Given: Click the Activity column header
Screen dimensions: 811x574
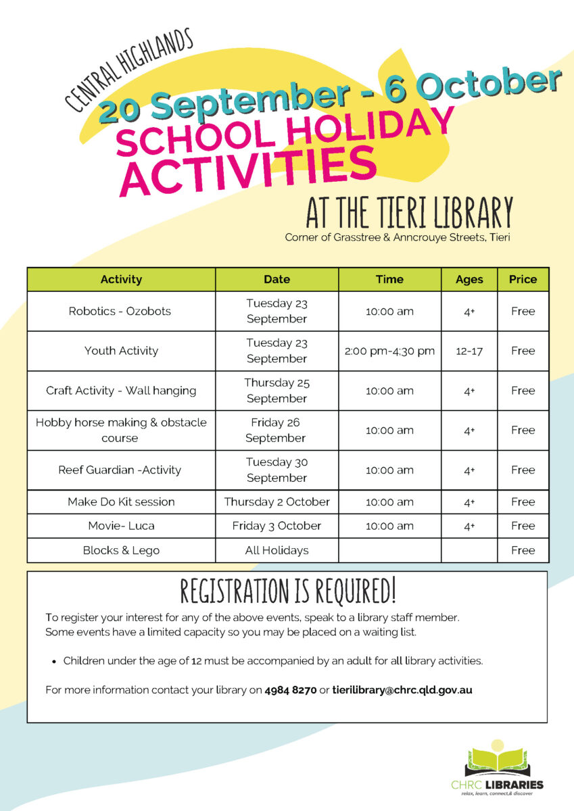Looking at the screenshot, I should (121, 279).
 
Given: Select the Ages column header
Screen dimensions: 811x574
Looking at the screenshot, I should (469, 279).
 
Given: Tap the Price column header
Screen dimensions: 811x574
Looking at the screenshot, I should (523, 279).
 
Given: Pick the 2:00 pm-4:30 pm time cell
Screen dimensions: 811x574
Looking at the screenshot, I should (389, 351).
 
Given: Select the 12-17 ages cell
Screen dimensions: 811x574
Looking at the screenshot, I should (469, 351).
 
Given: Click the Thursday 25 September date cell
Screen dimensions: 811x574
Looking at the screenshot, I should (277, 391).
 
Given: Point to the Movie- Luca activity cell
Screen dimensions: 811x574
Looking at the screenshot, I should (121, 526).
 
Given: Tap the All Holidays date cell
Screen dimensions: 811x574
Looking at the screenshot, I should (277, 550).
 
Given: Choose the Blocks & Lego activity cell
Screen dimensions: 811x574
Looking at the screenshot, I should (121, 550).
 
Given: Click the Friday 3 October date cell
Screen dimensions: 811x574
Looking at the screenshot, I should (277, 526).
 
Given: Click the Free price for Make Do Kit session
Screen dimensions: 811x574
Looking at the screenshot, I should (523, 502).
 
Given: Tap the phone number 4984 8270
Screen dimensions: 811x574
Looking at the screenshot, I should (291, 690).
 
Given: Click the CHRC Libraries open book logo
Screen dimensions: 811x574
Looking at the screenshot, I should (499, 760).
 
